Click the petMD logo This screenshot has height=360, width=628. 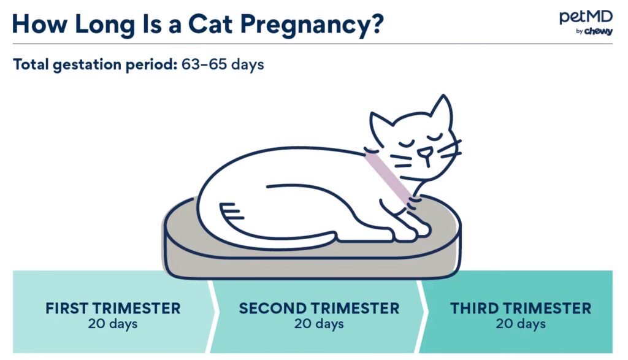[586, 23]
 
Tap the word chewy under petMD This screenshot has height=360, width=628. [599, 31]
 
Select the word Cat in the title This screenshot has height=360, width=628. [210, 24]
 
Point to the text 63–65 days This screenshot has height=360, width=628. [223, 64]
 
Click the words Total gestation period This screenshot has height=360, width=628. [95, 64]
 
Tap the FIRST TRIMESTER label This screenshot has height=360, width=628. [113, 308]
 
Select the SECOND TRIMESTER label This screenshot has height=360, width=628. [319, 308]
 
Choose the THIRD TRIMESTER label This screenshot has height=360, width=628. [521, 308]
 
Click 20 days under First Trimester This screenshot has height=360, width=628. [113, 324]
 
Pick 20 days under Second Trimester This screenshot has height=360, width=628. [319, 324]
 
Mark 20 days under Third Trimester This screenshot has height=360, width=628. [521, 324]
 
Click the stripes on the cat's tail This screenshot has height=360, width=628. [231, 211]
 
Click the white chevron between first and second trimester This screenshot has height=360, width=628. [213, 312]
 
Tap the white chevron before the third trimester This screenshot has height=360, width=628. [421, 312]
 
